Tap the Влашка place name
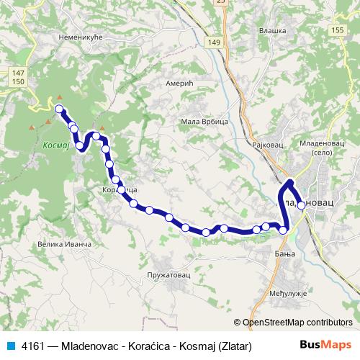coord(272,30)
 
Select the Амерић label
coord(177,84)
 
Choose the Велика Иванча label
coord(64,245)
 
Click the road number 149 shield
coord(214,43)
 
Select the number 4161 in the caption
coord(34,346)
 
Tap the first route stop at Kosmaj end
coord(60,109)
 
